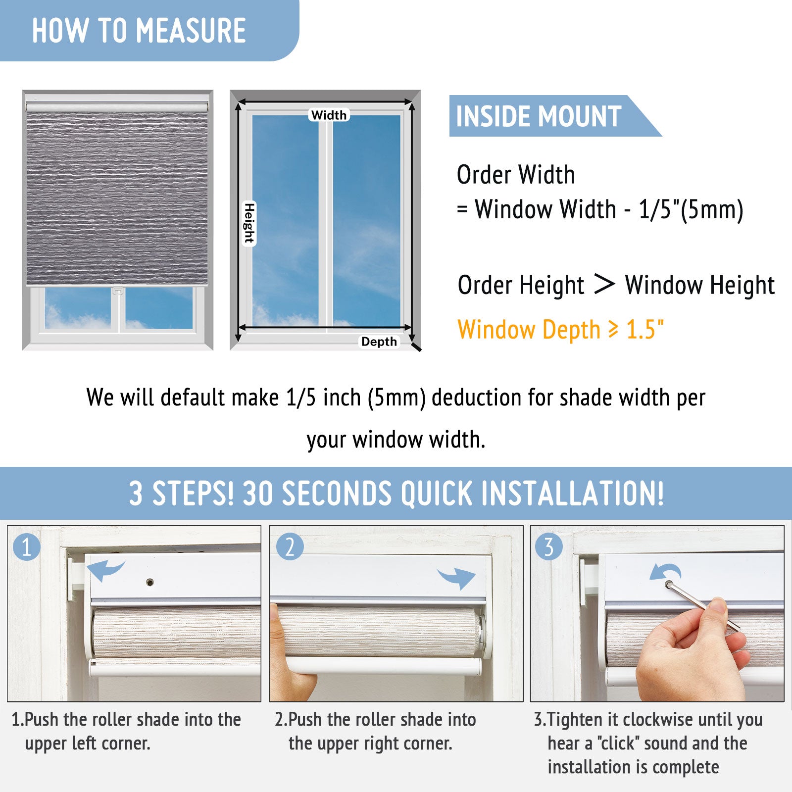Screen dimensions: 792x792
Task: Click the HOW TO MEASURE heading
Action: coord(139,31)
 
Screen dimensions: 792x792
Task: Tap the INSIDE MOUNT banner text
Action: coord(539,117)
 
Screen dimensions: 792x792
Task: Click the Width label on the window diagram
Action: coord(329,115)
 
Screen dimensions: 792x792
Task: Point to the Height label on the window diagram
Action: coord(249,223)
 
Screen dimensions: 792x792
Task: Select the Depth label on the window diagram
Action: coord(379,342)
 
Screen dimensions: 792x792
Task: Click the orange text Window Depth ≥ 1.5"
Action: coord(560,330)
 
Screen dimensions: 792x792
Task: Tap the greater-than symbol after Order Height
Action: coord(604,284)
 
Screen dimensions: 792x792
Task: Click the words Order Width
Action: coord(516,175)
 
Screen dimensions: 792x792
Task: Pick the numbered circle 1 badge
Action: coord(27,546)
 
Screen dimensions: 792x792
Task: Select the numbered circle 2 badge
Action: coord(290,546)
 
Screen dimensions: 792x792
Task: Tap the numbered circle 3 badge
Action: coord(549,546)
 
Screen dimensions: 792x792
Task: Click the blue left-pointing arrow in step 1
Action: coord(105,570)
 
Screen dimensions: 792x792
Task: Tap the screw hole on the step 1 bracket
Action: coord(150,582)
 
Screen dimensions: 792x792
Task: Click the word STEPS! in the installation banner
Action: coord(193,494)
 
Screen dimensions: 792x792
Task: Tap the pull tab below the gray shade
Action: coord(118,291)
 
